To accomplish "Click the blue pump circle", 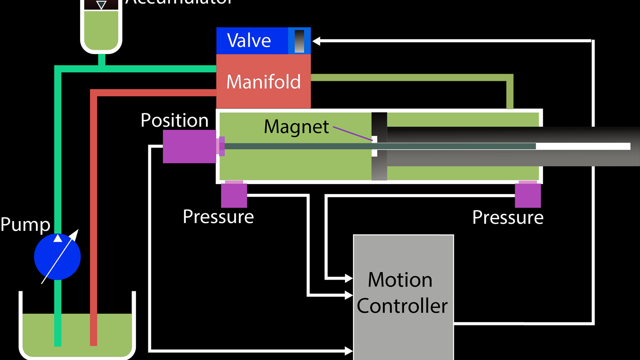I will click(57, 257).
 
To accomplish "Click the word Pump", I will click(25, 224).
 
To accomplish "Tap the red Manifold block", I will click(263, 81).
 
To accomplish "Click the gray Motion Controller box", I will click(403, 296).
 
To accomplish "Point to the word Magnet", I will click(296, 127).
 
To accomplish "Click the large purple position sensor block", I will click(189, 146).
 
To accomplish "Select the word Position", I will click(175, 120).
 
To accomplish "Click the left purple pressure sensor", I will click(234, 195).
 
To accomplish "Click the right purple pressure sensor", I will click(527, 195).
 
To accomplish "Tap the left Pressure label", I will click(218, 217).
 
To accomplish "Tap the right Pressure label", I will click(507, 217).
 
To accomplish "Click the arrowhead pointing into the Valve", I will click(316, 41).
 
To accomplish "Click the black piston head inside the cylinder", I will click(379, 125).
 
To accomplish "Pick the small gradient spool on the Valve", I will click(299, 41).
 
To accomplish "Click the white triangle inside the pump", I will click(58, 238).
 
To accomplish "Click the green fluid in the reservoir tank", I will click(77, 331).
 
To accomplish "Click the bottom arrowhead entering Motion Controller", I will click(349, 351).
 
